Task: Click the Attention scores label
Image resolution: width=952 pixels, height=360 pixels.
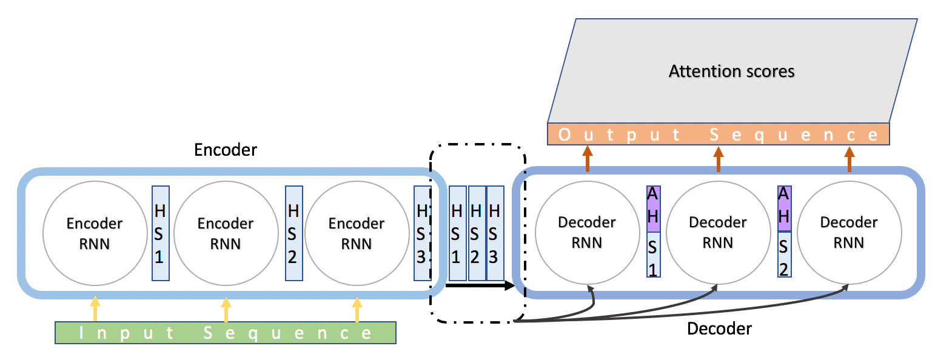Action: pyautogui.click(x=731, y=72)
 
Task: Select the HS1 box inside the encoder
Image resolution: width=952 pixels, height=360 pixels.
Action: pyautogui.click(x=160, y=233)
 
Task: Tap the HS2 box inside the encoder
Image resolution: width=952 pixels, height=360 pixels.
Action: pyautogui.click(x=293, y=233)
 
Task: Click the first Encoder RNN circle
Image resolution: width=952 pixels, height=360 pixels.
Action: pyautogui.click(x=95, y=233)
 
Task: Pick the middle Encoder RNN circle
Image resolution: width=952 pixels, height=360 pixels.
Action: pyautogui.click(x=226, y=233)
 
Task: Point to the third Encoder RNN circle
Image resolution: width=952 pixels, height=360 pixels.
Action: pyautogui.click(x=357, y=233)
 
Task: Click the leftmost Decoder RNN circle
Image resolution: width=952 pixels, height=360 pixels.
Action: pyautogui.click(x=587, y=232)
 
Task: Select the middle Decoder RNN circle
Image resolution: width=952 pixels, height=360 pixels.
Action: pyautogui.click(x=718, y=232)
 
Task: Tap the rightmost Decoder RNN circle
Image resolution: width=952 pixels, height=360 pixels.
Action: pyautogui.click(x=849, y=232)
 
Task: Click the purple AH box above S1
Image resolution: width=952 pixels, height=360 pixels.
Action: pyautogui.click(x=653, y=208)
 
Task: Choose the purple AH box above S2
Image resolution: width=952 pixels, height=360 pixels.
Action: pyautogui.click(x=784, y=208)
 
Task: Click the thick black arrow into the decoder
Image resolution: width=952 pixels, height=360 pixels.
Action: pyautogui.click(x=479, y=285)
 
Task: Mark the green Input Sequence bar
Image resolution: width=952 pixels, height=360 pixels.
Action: pyautogui.click(x=226, y=333)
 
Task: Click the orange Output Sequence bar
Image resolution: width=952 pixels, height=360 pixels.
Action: pyautogui.click(x=718, y=134)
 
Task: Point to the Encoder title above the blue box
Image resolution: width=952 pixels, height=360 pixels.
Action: pyautogui.click(x=226, y=150)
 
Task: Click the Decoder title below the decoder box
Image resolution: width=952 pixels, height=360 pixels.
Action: pyautogui.click(x=719, y=328)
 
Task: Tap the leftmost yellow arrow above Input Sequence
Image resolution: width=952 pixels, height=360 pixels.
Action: pyautogui.click(x=95, y=308)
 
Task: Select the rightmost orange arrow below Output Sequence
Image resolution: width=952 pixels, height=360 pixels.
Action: pyautogui.click(x=849, y=159)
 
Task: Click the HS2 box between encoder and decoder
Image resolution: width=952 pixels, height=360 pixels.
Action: pyautogui.click(x=477, y=233)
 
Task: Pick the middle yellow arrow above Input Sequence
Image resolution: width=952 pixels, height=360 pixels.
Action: pyautogui.click(x=226, y=309)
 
